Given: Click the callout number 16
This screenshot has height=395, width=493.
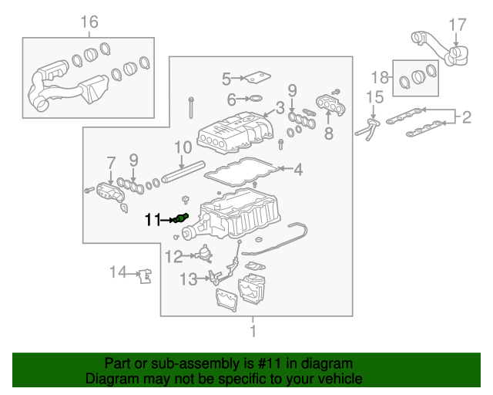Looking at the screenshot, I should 90,22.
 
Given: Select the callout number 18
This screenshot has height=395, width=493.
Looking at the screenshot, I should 379,76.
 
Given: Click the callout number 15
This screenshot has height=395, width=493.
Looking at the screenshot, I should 374,97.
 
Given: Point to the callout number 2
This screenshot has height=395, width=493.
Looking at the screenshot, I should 465,117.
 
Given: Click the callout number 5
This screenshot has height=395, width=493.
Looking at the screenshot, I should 226,78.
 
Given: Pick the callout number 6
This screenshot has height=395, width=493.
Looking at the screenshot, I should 231,99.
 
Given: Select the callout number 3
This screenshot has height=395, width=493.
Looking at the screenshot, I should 280,107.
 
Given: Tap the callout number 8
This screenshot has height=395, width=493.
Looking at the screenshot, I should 328,133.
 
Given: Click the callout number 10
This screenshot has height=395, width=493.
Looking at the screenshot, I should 183,147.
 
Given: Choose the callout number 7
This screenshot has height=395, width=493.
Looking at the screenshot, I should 111,162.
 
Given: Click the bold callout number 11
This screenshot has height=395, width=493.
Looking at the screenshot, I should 153,221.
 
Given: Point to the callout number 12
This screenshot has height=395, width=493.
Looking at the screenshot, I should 174,256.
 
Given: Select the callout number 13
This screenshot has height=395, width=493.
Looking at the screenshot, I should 189,279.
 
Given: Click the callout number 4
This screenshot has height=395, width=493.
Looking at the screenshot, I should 298,169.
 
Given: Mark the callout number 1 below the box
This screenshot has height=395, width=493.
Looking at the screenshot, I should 251,332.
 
